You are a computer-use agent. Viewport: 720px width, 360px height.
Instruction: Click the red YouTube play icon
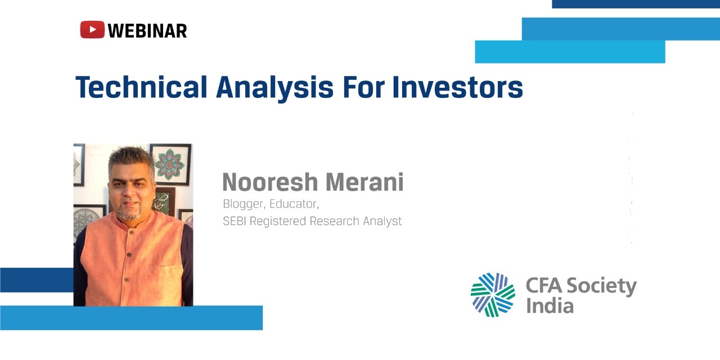[92, 30]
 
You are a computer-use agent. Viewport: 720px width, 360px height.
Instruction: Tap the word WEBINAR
[147, 31]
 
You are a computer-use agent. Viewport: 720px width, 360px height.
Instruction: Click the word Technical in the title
[141, 87]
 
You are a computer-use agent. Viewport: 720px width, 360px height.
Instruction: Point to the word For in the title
[363, 87]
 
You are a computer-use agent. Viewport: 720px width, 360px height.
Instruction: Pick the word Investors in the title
[458, 87]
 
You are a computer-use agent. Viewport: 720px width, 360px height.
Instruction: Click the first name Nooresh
[271, 182]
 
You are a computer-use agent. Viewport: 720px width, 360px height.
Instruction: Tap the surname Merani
[365, 182]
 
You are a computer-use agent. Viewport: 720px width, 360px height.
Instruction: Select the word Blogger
[244, 204]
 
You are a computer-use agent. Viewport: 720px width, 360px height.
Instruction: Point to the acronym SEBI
[235, 221]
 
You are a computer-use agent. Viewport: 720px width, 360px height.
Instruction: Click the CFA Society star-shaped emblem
[493, 295]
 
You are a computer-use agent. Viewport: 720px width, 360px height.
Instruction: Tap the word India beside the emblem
[550, 305]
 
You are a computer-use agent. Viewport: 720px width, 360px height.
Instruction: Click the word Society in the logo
[601, 286]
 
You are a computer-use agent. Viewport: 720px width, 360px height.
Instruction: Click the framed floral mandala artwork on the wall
[170, 164]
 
